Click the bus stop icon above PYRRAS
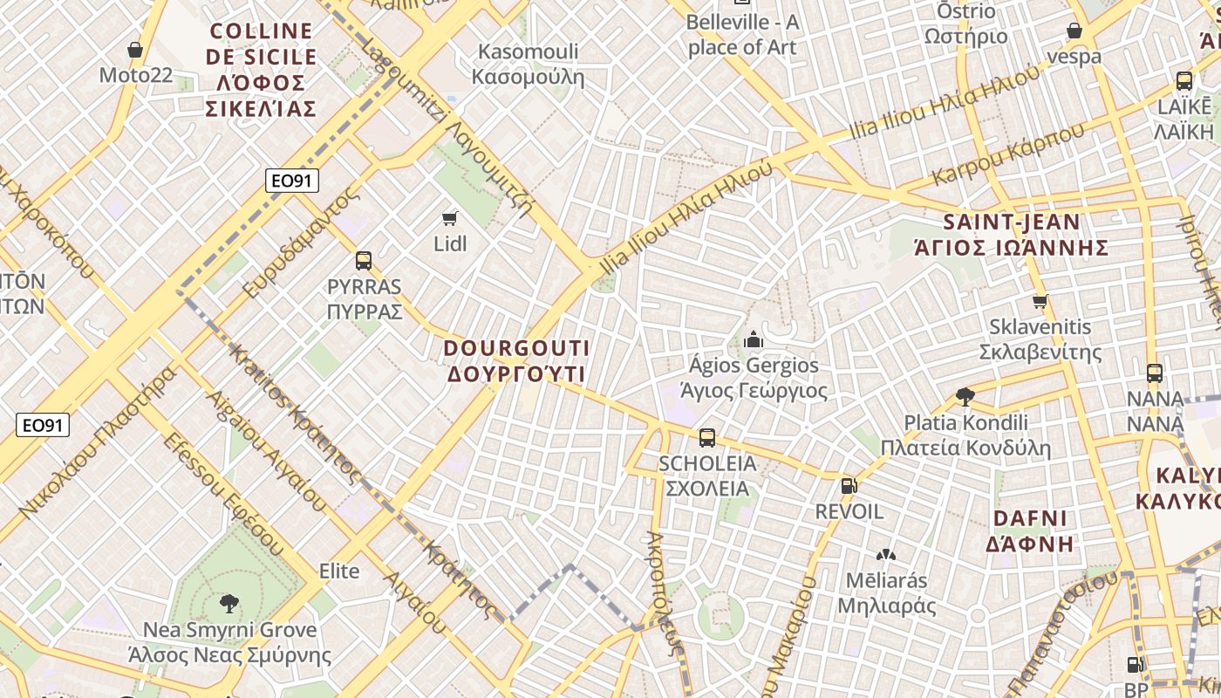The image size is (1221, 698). pyautogui.click(x=364, y=260)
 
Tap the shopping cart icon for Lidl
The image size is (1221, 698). pyautogui.click(x=450, y=218)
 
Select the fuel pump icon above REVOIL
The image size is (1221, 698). pyautogui.click(x=848, y=485)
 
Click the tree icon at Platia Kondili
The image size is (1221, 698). pyautogui.click(x=965, y=397)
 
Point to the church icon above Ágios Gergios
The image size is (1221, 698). pyautogui.click(x=754, y=339)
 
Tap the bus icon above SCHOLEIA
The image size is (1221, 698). pyautogui.click(x=707, y=437)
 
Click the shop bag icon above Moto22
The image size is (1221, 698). pyautogui.click(x=135, y=50)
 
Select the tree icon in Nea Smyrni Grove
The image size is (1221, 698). pyautogui.click(x=229, y=603)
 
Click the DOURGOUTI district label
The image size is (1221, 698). pyautogui.click(x=516, y=360)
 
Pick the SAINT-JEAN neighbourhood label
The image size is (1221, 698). pyautogui.click(x=1011, y=234)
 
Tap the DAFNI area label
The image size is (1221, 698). pyautogui.click(x=1030, y=530)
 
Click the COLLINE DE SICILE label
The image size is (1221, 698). pyautogui.click(x=262, y=70)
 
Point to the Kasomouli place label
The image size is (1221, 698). pyautogui.click(x=527, y=64)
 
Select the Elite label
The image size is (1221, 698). pyautogui.click(x=339, y=571)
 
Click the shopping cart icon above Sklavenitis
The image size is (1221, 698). pyautogui.click(x=1040, y=302)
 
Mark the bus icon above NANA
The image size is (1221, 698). pyautogui.click(x=1155, y=373)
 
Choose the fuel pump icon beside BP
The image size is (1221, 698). pyautogui.click(x=1135, y=665)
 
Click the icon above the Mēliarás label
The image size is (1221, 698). pyautogui.click(x=886, y=555)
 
